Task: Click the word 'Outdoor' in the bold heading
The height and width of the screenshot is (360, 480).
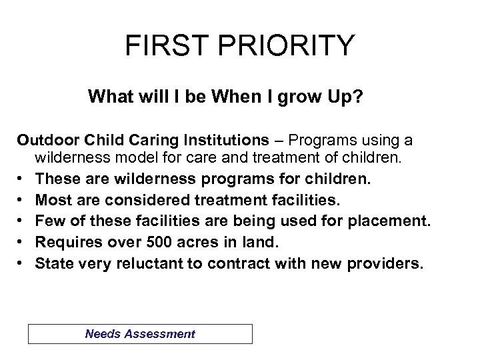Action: [x=43, y=141]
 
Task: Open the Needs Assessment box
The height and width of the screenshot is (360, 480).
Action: [x=140, y=334]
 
